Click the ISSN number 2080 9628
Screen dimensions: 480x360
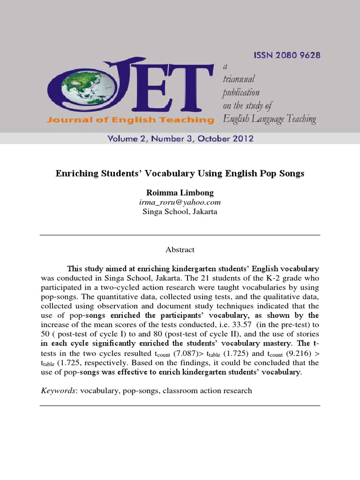287,55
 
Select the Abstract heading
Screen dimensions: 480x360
180,250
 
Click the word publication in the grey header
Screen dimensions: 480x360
241,92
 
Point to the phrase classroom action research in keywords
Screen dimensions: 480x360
207,390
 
